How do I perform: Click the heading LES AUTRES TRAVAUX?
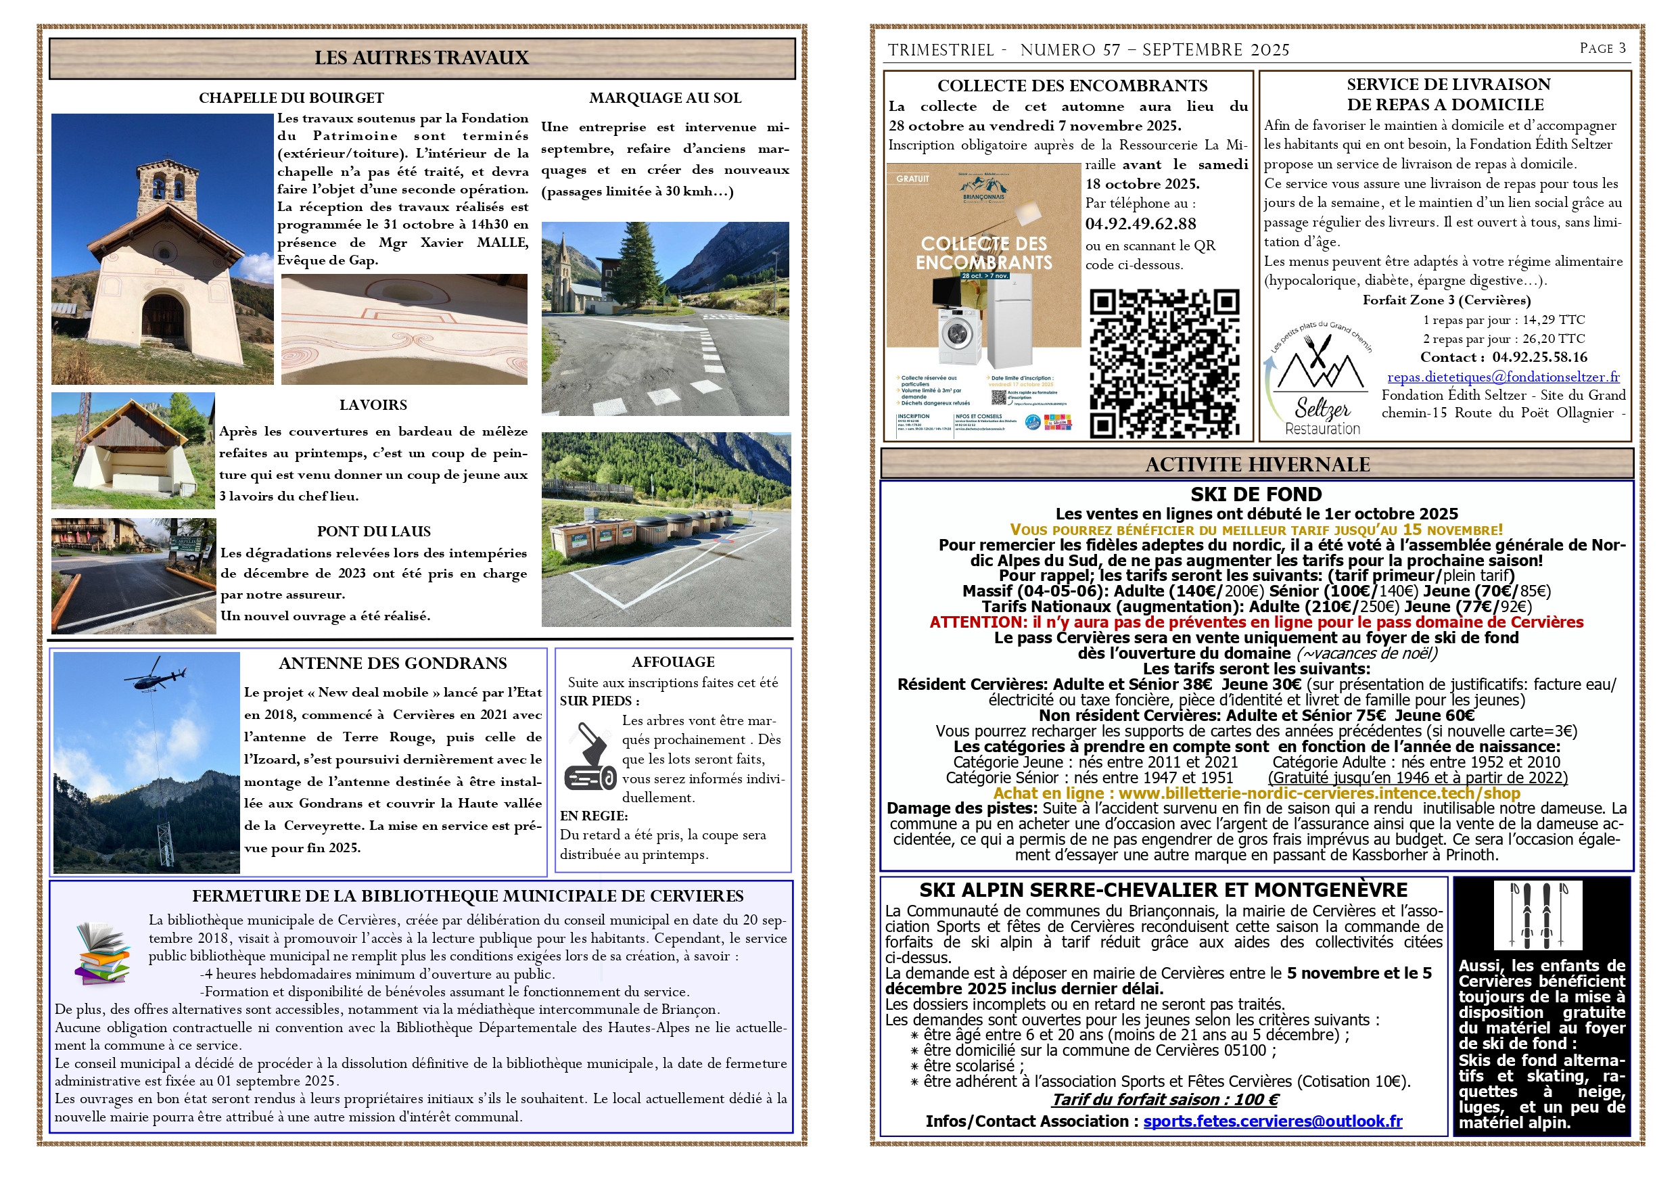421,57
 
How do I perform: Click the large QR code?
1164,363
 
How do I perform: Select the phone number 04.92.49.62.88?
1140,225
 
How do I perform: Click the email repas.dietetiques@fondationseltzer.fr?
1504,377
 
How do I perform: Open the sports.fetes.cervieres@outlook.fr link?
1272,1121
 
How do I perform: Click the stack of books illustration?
102,952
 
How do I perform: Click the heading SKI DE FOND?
1255,495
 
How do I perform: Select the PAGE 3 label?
1602,48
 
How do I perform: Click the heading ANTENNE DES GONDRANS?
392,664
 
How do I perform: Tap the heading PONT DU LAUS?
373,532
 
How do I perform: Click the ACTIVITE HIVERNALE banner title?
1257,465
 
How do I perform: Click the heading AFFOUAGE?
673,662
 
